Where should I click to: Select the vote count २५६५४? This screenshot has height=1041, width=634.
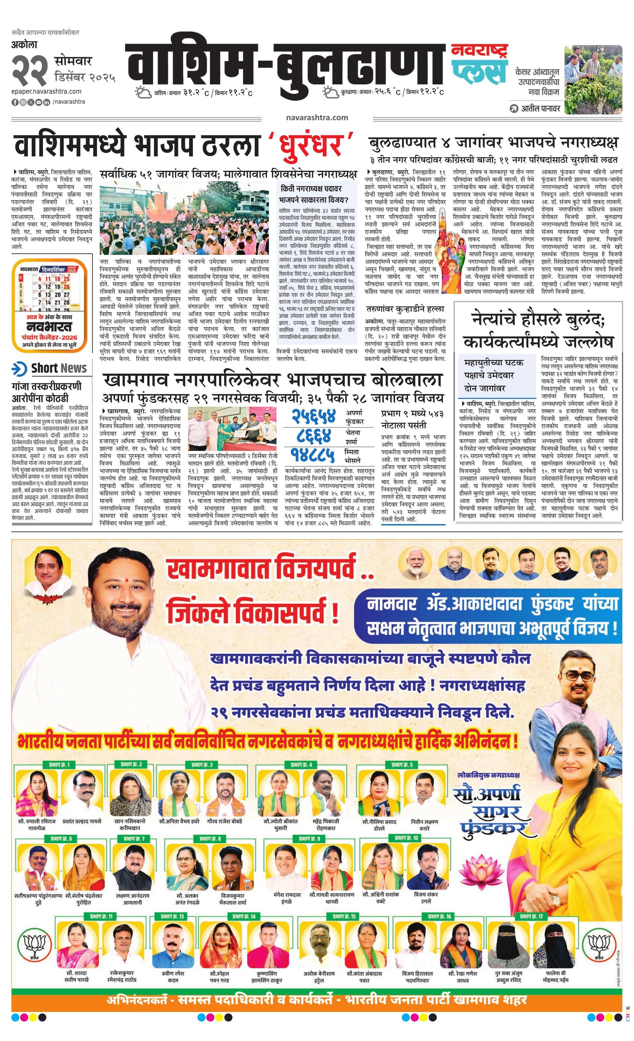(314, 417)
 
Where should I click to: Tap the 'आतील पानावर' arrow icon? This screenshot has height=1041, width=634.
(514, 109)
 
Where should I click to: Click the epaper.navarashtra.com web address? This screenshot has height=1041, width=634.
(47, 91)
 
